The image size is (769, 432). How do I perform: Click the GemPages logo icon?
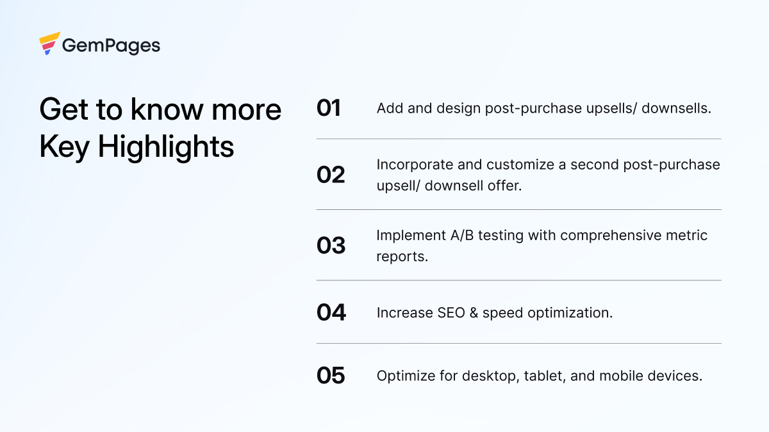click(x=49, y=44)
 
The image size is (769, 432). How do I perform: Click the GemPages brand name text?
click(x=111, y=45)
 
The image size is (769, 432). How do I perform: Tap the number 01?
click(x=329, y=108)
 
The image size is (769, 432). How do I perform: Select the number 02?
click(x=331, y=175)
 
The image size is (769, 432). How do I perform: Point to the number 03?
click(x=331, y=245)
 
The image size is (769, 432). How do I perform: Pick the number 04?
click(x=331, y=312)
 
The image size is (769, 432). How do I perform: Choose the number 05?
click(x=331, y=376)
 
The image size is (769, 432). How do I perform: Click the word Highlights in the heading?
click(x=166, y=147)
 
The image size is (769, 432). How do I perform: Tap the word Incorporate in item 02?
click(x=415, y=164)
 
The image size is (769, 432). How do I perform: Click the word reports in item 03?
click(x=401, y=256)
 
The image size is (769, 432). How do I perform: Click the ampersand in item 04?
click(x=472, y=313)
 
